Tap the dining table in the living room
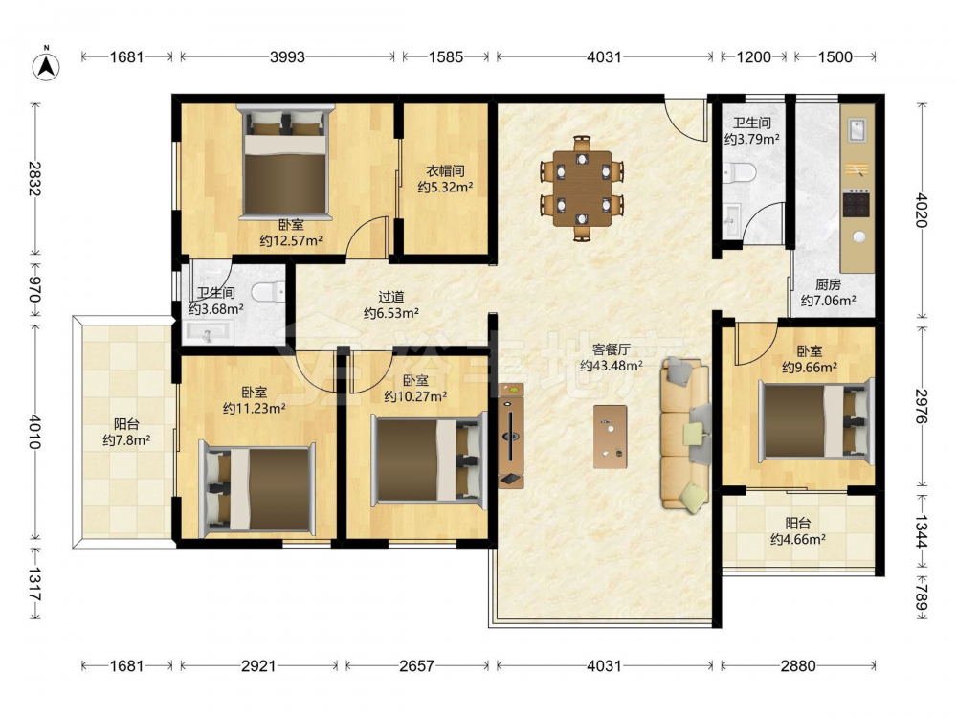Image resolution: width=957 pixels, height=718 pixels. click(x=582, y=189)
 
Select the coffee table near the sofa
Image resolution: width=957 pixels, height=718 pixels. click(x=610, y=437)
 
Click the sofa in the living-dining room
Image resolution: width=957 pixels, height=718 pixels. click(x=685, y=435)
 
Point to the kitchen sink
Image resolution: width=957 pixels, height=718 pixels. click(x=857, y=130)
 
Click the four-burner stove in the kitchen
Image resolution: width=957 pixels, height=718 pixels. click(x=857, y=204)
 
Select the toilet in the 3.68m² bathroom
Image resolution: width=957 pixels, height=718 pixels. click(x=269, y=292)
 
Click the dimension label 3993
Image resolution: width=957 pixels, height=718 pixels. click(x=287, y=56)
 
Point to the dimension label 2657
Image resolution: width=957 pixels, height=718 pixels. click(x=417, y=665)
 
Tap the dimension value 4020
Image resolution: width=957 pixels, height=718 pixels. click(x=921, y=210)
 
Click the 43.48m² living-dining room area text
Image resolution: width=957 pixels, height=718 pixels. click(x=611, y=366)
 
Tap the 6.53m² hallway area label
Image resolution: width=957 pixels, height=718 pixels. click(x=391, y=313)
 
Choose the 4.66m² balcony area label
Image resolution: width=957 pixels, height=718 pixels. click(x=798, y=539)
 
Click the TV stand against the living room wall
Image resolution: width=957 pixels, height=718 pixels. click(x=511, y=436)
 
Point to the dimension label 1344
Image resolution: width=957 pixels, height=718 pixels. click(x=921, y=531)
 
